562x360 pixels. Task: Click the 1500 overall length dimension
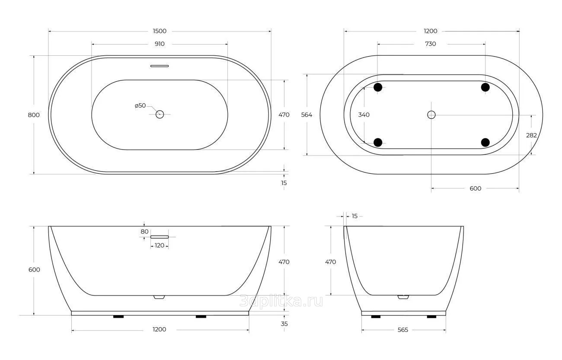(160, 31)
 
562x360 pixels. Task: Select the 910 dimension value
(160, 44)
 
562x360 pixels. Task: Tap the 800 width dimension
(34, 115)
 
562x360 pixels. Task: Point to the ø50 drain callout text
(140, 105)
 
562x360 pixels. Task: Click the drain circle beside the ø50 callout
(160, 115)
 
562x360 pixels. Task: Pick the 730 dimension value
(431, 44)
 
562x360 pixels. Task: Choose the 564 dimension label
(307, 115)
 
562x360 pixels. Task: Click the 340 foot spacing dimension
(364, 115)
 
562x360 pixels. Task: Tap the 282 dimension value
(531, 135)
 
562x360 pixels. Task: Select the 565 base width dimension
(403, 330)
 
